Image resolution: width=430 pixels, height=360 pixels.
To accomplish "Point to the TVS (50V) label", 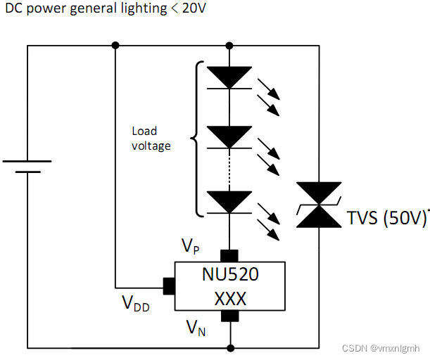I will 387,218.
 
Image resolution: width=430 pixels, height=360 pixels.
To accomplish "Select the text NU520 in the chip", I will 230,274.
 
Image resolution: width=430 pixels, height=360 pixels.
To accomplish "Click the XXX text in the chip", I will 230,299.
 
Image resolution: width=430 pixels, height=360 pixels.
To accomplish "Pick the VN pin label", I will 196,327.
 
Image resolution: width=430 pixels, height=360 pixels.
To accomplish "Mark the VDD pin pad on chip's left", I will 169,286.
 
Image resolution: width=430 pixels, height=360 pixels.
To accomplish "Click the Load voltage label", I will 151,139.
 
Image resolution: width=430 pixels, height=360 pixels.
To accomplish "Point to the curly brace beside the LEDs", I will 196,139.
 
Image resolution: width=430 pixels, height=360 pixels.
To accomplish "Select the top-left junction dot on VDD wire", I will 115,46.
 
